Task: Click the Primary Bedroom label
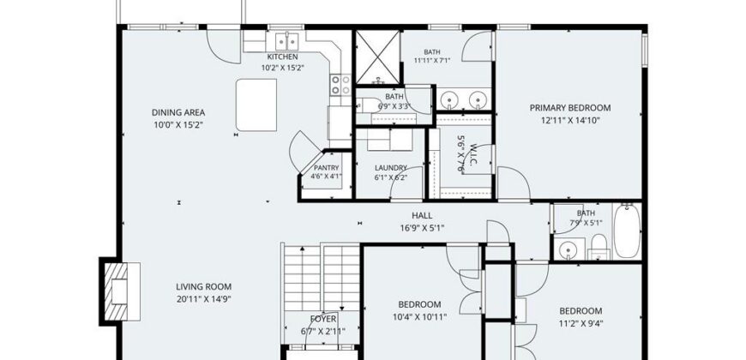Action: [x=570, y=108]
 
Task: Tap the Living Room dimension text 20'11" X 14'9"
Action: [x=203, y=299]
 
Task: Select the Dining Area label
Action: [x=178, y=112]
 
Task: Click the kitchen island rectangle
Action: [x=256, y=105]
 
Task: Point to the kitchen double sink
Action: [x=287, y=41]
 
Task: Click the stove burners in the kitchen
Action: [x=341, y=85]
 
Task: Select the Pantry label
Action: [x=327, y=168]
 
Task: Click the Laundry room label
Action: [x=391, y=168]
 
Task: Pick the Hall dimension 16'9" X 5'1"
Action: [x=422, y=228]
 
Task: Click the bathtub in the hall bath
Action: [x=627, y=231]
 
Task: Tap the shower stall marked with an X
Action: [x=378, y=57]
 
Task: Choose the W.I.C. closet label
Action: [x=473, y=154]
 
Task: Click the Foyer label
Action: [x=323, y=319]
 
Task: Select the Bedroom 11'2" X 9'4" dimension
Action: [x=581, y=323]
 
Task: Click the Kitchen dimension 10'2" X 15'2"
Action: [x=283, y=68]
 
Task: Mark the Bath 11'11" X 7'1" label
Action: [x=432, y=51]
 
